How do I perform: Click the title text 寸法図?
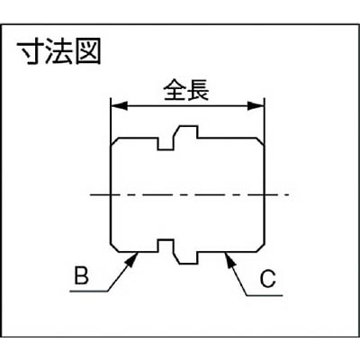pos(58,53)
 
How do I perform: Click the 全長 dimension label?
pos(186,90)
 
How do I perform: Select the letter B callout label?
pos(81,276)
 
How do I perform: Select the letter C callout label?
pos(268,279)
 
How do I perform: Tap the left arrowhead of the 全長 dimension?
pos(119,106)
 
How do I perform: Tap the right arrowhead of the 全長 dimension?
pos(256,106)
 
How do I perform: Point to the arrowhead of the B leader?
pos(132,259)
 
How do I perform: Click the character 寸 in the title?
pos(30,53)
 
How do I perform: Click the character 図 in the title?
pos(88,53)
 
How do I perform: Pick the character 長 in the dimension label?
pos(198,90)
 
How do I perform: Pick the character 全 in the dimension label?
pos(175,90)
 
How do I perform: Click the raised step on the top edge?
pos(186,132)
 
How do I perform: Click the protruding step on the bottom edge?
pos(186,258)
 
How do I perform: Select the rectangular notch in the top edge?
pos(166,144)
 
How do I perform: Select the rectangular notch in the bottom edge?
pos(166,246)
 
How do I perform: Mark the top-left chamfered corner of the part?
pos(114,142)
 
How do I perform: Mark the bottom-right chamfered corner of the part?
pos(261,247)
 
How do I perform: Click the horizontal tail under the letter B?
pos(89,292)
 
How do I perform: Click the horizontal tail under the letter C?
pos(265,296)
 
